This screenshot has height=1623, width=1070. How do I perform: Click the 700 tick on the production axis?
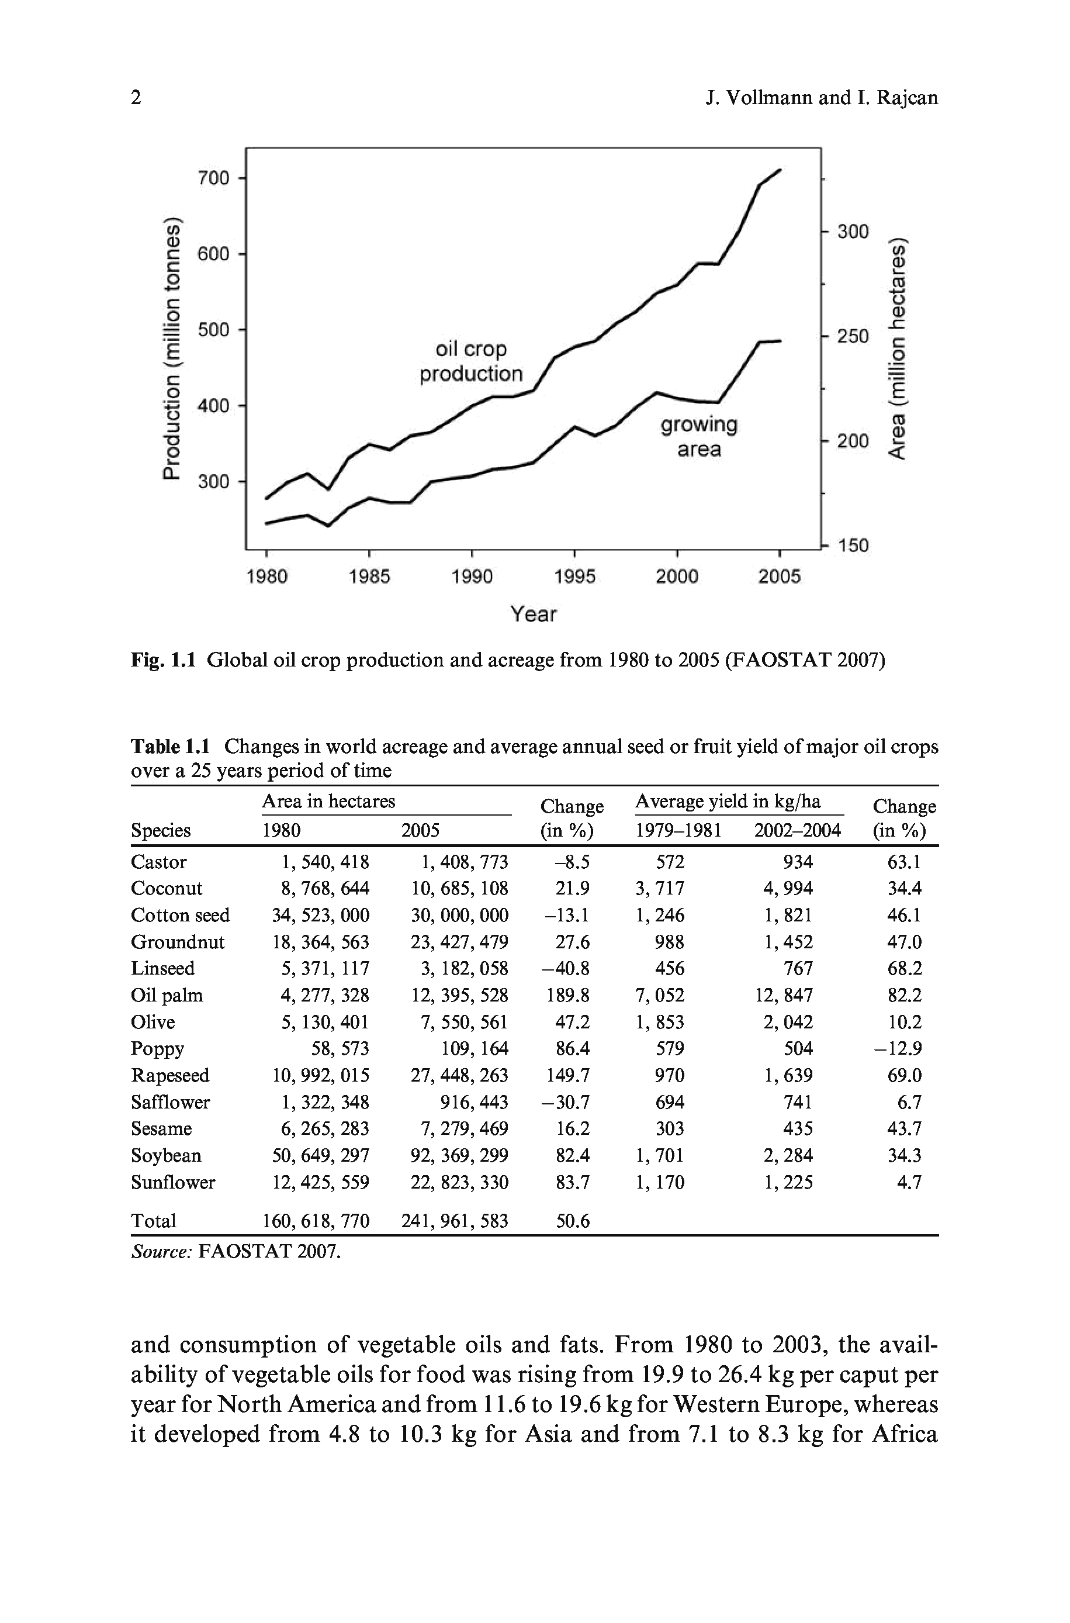pos(213,178)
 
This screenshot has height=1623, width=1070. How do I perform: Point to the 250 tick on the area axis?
pos(853,336)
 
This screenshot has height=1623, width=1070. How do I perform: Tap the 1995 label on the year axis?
pos(574,576)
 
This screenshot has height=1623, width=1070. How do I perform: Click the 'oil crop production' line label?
pos(471,361)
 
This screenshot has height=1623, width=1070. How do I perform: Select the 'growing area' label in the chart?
pos(699,437)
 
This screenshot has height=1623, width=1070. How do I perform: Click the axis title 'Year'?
pos(534,614)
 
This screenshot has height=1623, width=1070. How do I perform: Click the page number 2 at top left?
pos(137,98)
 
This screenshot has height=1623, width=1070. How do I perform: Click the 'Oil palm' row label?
pos(167,995)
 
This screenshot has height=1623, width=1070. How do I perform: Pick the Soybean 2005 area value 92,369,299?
pos(459,1155)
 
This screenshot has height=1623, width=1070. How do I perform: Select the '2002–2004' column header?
pos(797,830)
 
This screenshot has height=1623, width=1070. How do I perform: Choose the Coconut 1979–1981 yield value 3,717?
pos(659,888)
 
